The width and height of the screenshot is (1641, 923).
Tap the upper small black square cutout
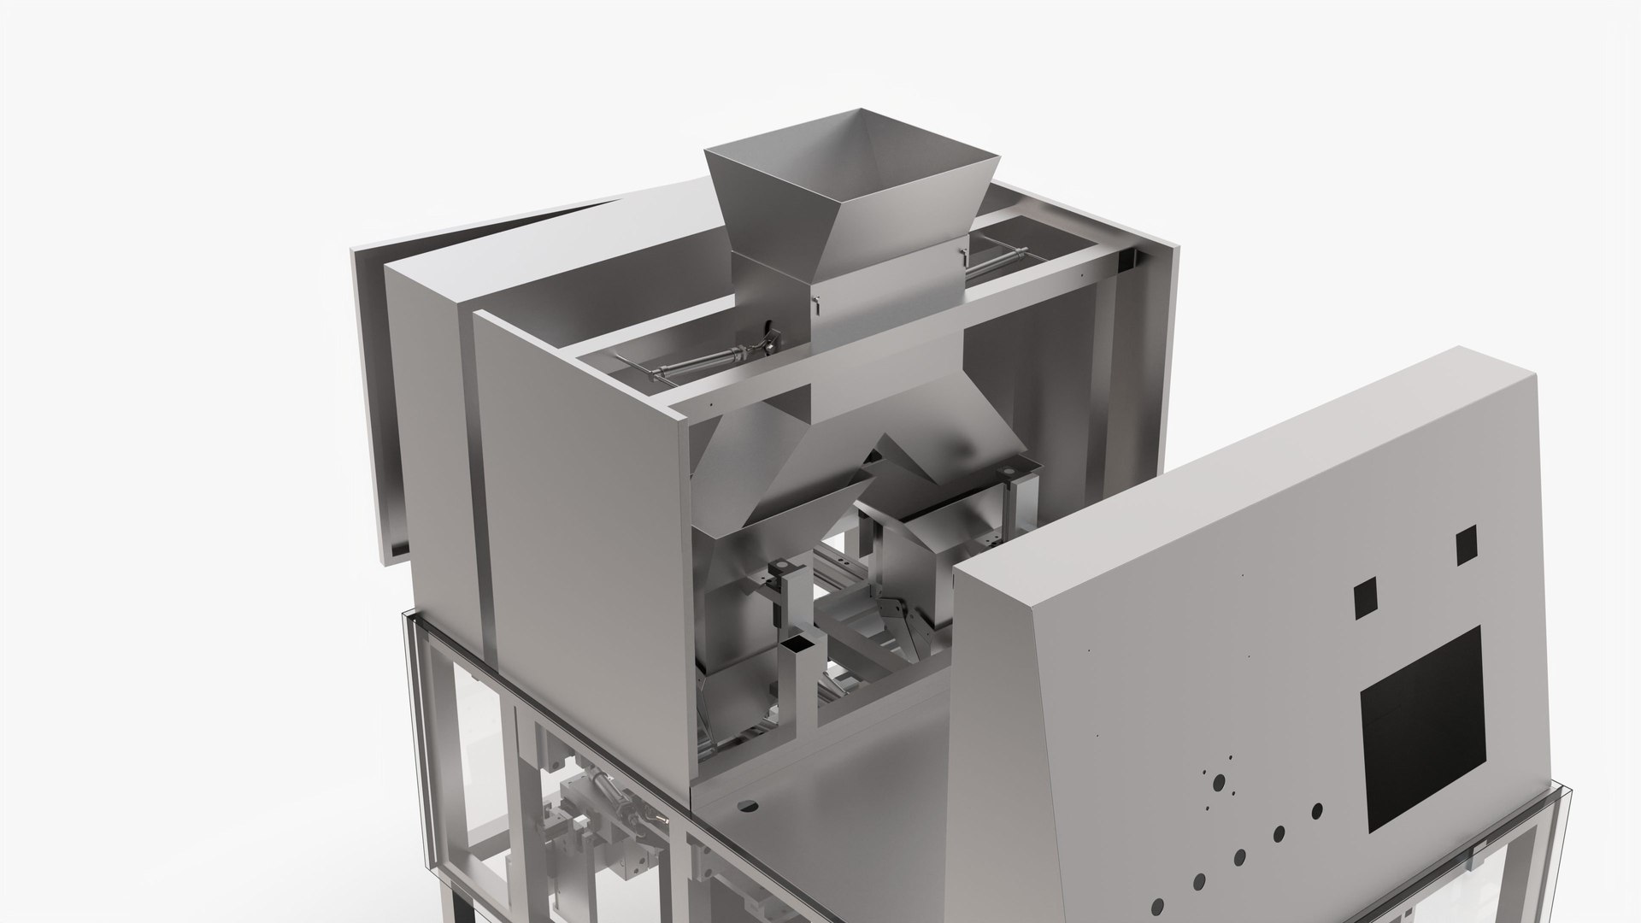point(1466,544)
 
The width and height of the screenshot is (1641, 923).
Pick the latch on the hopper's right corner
point(963,254)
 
